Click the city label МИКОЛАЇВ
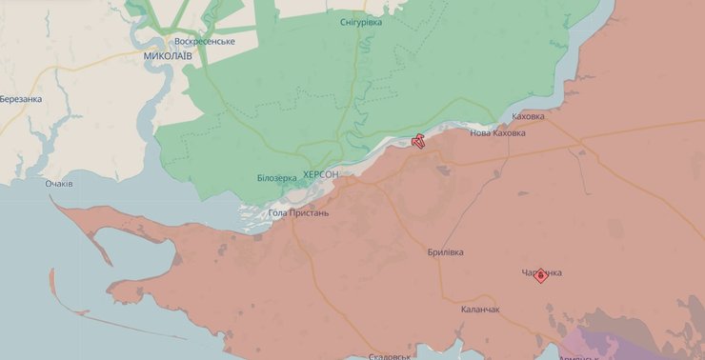coord(167,56)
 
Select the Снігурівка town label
coord(360,22)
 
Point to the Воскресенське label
coord(204,42)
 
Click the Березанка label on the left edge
coord(21,99)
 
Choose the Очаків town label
coord(59,183)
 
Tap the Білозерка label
coord(276,178)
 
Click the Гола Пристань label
coord(299,212)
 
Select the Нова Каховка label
coord(497,133)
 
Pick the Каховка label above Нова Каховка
coord(528,117)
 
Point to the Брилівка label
coord(445,252)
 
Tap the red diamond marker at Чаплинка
coord(541,275)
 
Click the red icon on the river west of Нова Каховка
coord(417,143)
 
